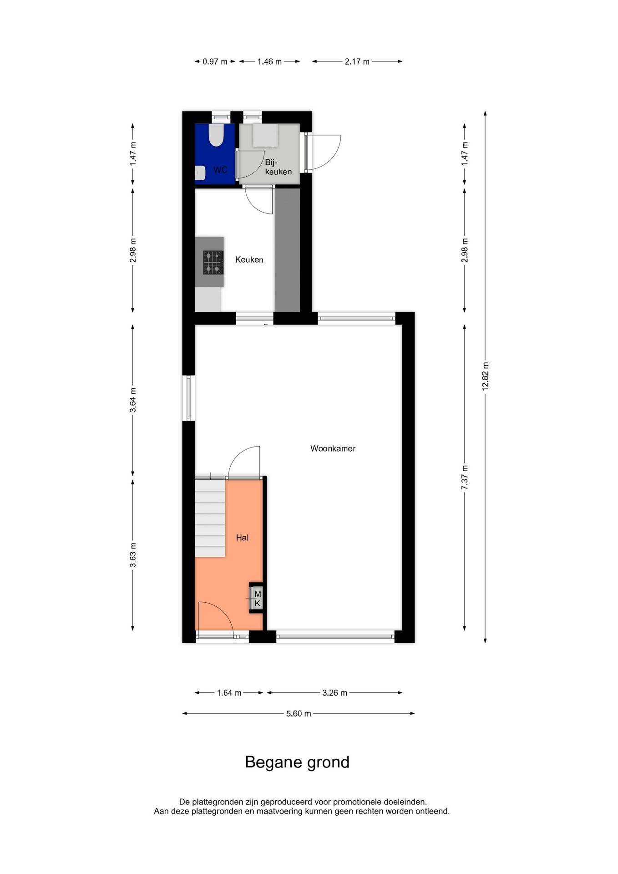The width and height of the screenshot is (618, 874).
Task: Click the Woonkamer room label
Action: [x=333, y=448]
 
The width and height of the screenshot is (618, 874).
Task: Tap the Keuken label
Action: [x=249, y=259]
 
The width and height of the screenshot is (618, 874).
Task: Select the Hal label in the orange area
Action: [x=242, y=538]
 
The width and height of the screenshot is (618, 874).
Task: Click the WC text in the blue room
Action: [x=220, y=170]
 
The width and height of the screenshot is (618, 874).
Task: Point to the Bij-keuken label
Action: [x=278, y=167]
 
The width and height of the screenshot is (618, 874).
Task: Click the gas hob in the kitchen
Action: [x=213, y=263]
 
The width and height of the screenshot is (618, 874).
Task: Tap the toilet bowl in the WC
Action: [x=216, y=136]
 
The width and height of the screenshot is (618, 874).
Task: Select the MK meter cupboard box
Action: [x=257, y=599]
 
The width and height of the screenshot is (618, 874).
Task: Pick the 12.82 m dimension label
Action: [x=485, y=376]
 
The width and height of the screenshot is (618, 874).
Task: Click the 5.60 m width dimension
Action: [x=299, y=713]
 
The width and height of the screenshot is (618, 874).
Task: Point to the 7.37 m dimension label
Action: [x=465, y=477]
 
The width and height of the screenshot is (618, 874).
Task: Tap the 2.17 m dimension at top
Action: [x=357, y=61]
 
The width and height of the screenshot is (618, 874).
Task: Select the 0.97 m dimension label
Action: [x=215, y=61]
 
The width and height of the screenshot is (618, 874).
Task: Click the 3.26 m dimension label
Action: [x=334, y=693]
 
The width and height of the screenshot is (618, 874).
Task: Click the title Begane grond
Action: [x=297, y=762]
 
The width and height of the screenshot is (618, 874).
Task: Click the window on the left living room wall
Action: [x=188, y=398]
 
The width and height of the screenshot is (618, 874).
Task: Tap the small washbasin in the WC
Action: [x=199, y=172]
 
